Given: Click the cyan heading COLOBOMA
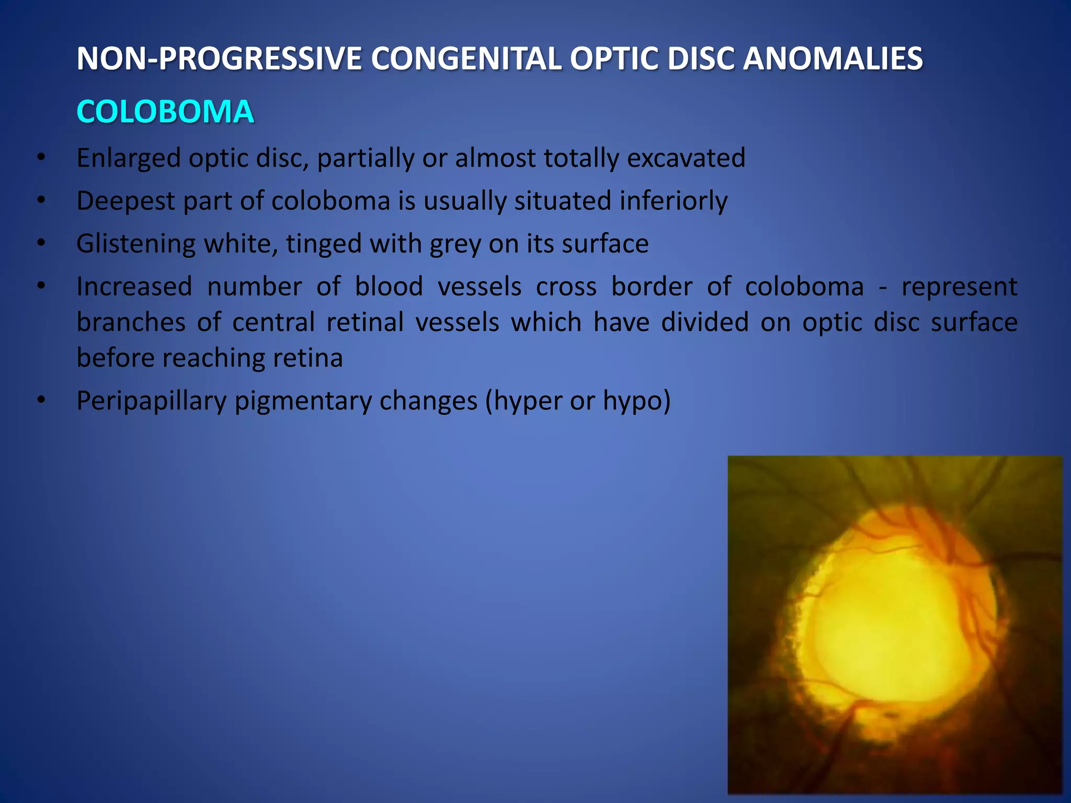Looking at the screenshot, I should pos(165,112).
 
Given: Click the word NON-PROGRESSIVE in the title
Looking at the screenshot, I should pos(219,59).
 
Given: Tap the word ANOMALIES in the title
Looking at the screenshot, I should pos(833,59).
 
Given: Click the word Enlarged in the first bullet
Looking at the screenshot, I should pos(128,158).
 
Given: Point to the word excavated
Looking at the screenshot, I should pos(686,158).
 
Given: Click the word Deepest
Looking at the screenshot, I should pos(125,201).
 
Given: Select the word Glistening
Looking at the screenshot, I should pos(135,244).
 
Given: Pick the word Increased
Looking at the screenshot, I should pos(134,287).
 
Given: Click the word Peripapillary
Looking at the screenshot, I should pos(151,401).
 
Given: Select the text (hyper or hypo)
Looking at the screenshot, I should pos(577,401).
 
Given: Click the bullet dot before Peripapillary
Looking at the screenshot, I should pos(41,400).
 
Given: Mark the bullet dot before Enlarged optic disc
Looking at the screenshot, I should pos(41,157).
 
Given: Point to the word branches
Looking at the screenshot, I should pos(131,323).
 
